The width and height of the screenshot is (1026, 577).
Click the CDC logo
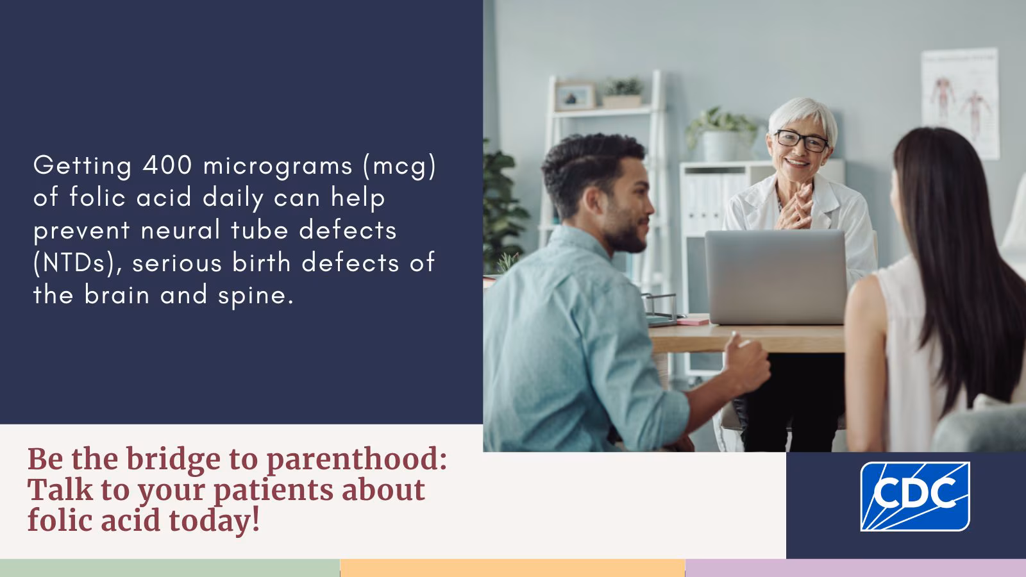(x=914, y=496)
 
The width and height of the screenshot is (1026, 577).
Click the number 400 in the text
(x=167, y=165)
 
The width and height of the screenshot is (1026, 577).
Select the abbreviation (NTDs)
(x=78, y=263)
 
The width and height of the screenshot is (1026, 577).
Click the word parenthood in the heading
(x=356, y=459)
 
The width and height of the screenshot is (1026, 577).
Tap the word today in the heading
(x=214, y=520)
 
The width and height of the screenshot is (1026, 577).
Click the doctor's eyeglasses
(x=802, y=140)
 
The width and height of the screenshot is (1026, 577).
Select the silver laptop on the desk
(x=776, y=278)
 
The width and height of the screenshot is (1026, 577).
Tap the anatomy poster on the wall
(x=960, y=103)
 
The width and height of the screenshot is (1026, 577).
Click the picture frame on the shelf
(x=575, y=96)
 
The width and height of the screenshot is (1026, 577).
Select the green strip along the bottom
(x=169, y=568)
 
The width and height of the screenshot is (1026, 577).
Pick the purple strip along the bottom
(x=855, y=568)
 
